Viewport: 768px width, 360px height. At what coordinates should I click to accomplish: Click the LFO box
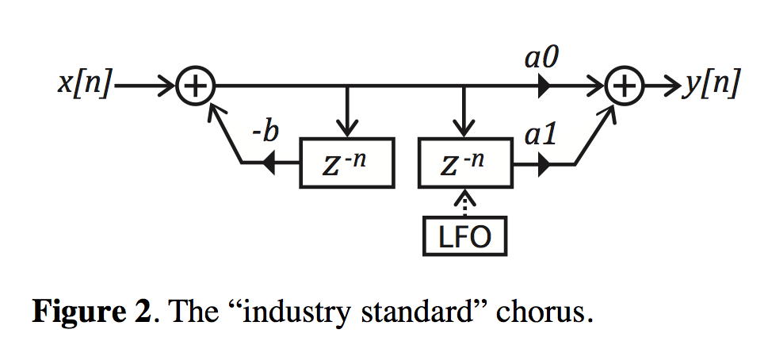(x=464, y=236)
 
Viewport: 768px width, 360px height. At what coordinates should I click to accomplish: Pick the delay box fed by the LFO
(x=464, y=164)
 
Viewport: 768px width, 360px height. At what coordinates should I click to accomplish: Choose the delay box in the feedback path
(x=346, y=164)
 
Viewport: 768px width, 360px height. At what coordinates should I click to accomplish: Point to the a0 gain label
(x=541, y=57)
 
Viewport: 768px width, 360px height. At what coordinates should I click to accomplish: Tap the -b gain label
(x=265, y=132)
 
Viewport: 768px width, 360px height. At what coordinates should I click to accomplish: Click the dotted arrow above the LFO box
(x=464, y=203)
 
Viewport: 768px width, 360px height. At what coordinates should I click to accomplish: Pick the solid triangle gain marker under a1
(x=544, y=165)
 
